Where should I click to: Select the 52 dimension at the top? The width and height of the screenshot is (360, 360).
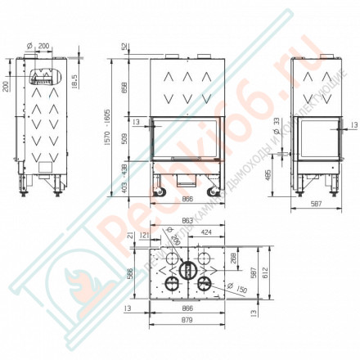point(124,46)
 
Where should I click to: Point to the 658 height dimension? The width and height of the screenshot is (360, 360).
point(124,86)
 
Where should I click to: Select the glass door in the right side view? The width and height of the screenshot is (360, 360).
point(312,142)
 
